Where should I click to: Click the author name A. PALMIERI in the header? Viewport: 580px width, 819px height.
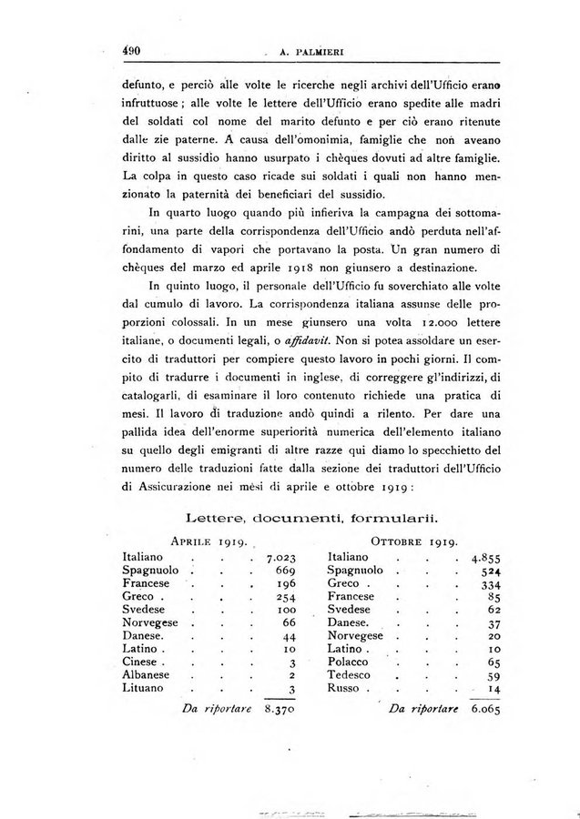pyautogui.click(x=302, y=51)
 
